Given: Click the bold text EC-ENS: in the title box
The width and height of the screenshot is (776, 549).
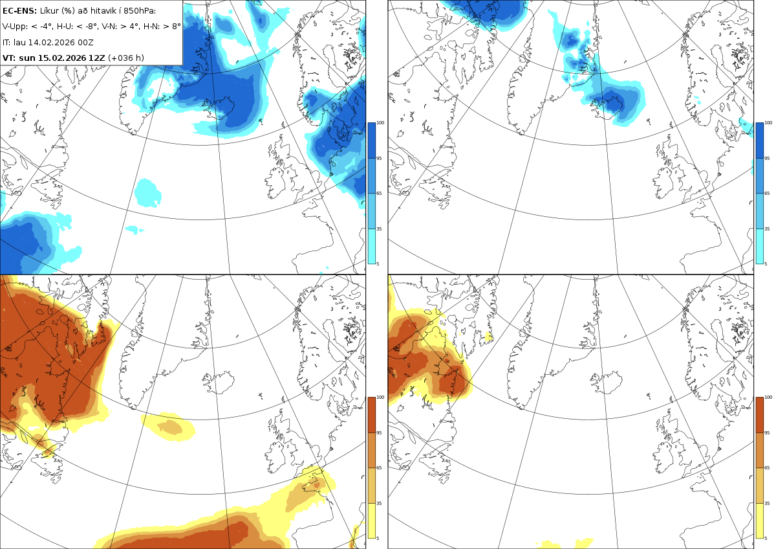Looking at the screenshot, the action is [x=19, y=11].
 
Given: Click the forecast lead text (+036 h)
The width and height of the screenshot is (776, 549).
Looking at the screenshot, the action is [x=125, y=58].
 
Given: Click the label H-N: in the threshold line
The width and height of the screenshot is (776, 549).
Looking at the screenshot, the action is [x=152, y=27].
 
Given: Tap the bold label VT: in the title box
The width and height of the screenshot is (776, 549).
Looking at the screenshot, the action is [x=9, y=58].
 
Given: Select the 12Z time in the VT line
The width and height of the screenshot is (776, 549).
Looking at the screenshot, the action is [x=96, y=58].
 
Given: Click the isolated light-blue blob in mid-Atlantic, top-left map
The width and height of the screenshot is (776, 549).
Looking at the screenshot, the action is [x=147, y=193].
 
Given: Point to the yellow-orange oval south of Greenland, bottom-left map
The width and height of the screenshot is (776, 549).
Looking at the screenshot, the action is [x=169, y=427].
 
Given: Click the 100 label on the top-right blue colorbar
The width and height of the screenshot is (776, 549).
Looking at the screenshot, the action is [x=768, y=123].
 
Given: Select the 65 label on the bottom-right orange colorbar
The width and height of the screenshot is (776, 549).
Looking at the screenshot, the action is [x=767, y=468].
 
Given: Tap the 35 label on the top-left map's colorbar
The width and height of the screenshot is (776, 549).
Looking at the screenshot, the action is [x=379, y=229].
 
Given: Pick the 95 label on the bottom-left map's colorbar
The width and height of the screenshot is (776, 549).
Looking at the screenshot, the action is [x=379, y=433].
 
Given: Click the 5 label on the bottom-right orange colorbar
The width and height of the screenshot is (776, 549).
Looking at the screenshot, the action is [x=766, y=539].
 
